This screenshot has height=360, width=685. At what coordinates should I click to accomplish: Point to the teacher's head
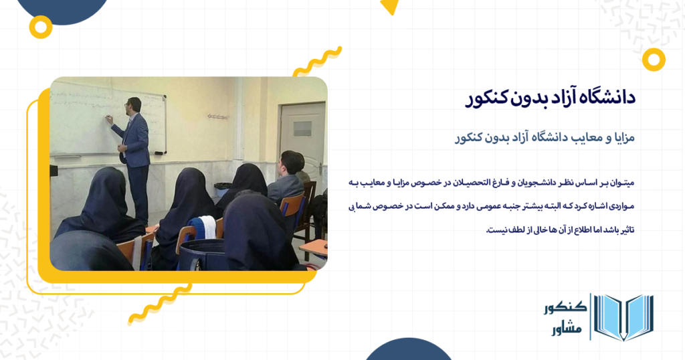point(134,105)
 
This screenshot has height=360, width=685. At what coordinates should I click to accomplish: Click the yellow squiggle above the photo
point(317,61)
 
